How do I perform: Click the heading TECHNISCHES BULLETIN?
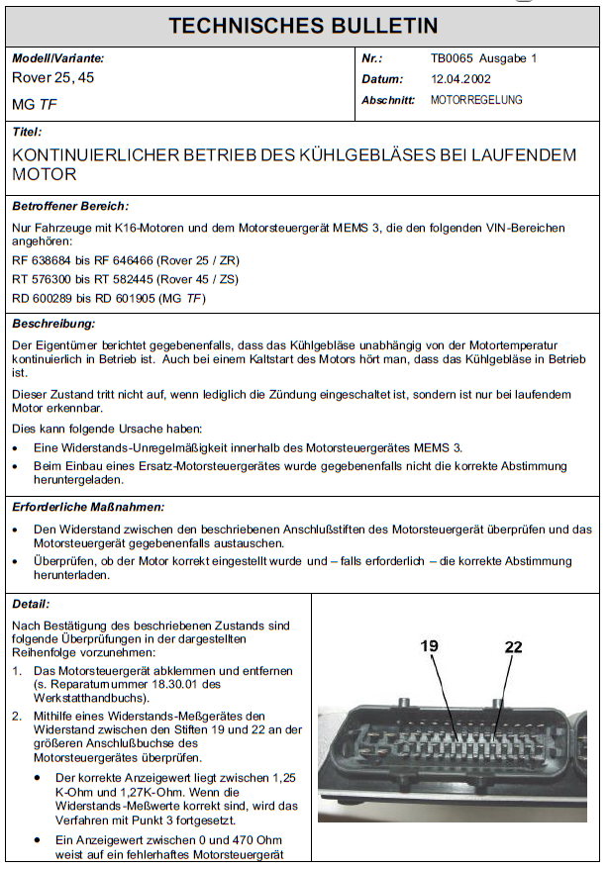[x=303, y=26]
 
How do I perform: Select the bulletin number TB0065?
[x=452, y=58]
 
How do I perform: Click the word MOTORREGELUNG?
[x=476, y=100]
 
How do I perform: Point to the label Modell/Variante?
[x=57, y=58]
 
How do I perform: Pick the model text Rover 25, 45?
[x=52, y=77]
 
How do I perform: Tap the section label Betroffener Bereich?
[x=70, y=206]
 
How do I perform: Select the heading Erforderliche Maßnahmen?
[x=88, y=507]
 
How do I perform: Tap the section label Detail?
[x=31, y=603]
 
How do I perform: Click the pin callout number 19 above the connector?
[x=429, y=646]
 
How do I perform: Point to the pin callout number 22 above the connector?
[x=513, y=646]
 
